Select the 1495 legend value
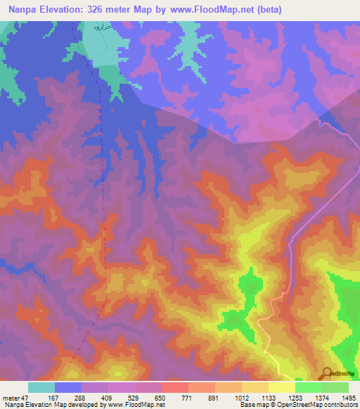349,398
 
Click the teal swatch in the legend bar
41,387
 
